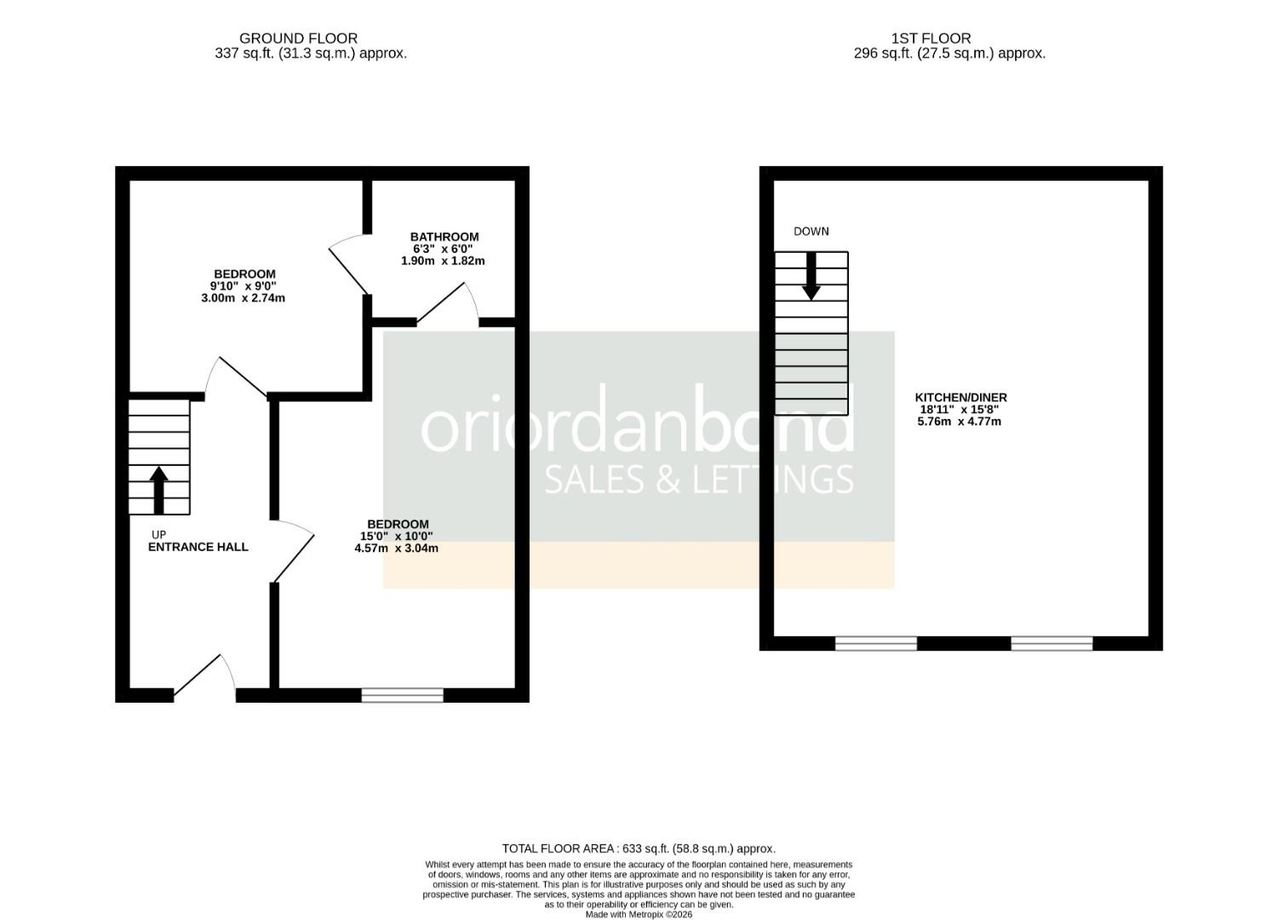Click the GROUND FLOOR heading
pos(298,38)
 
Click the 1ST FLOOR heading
pos(931,38)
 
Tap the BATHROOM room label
pos(444,237)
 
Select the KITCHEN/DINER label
pos(960,398)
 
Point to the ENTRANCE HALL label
pos(198,547)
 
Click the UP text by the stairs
pos(158,535)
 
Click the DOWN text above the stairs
pos(811,232)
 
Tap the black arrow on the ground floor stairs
pos(158,490)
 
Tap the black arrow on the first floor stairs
pos(811,277)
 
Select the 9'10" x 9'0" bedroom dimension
pos(243,286)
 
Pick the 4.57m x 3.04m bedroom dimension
pos(397,549)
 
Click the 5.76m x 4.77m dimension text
pos(959,422)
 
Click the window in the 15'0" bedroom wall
pos(403,696)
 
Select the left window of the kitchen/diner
pos(876,643)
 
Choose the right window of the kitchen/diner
pos(1052,643)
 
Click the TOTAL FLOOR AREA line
pos(639,848)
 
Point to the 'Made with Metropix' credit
pos(639,915)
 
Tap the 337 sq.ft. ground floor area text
pos(311,54)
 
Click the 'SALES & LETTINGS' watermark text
pos(698,480)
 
